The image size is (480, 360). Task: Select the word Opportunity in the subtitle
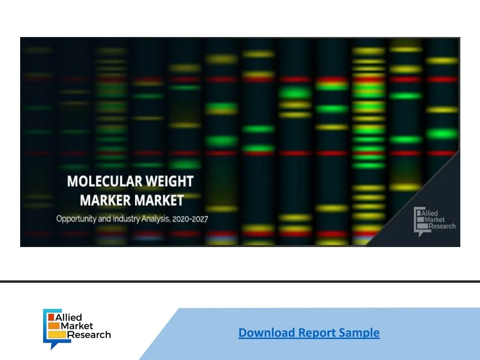coord(76,219)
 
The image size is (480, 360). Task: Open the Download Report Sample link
coord(309,333)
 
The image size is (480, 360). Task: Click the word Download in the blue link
coord(267,333)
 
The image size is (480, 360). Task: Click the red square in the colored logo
coord(51,317)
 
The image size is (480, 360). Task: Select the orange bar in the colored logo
coord(53,326)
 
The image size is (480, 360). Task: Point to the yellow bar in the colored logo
coord(57,335)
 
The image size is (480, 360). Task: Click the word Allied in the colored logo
coord(68,317)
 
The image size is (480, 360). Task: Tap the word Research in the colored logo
coord(89,335)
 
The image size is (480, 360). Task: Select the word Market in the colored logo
coord(76,326)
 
